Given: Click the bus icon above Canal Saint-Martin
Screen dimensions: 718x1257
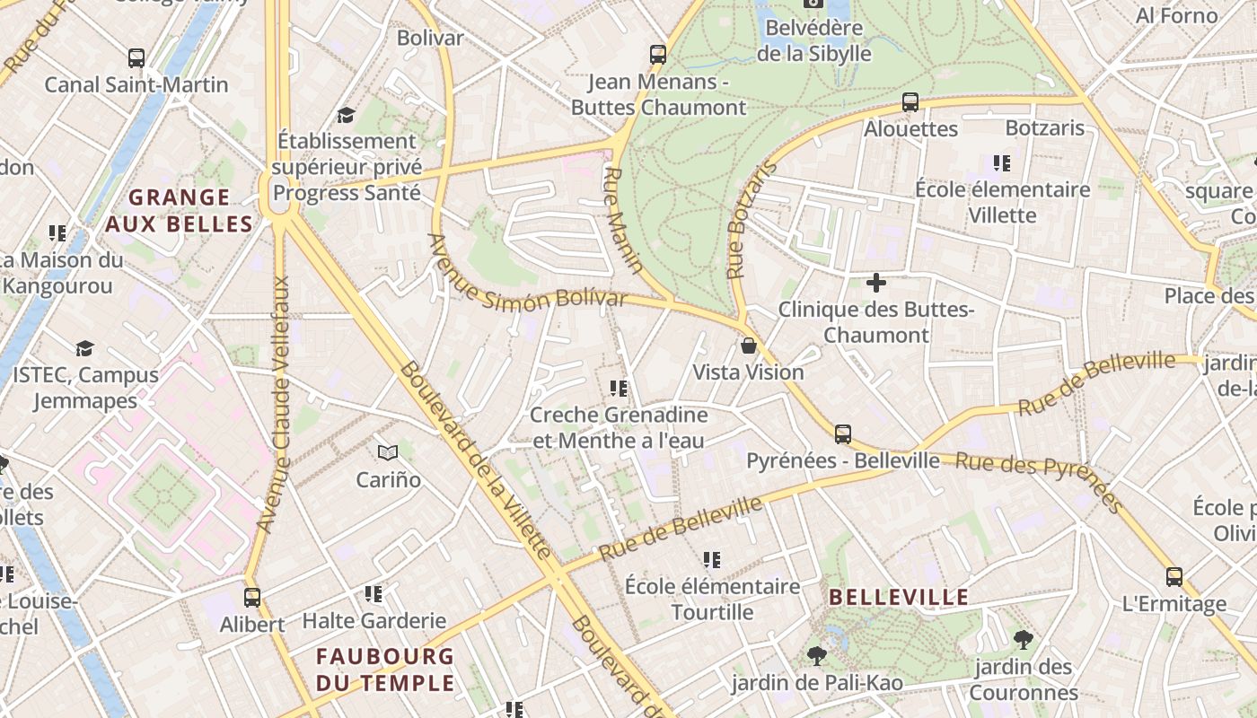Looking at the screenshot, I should coord(136,58).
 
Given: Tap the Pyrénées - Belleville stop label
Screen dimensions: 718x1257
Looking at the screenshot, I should coord(843,460).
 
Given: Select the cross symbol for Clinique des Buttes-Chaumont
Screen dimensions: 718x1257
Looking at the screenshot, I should coord(876,284).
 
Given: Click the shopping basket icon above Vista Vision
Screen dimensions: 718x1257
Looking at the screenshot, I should coord(749,346).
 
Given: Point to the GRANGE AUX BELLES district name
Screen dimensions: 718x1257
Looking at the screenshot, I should coord(179,210).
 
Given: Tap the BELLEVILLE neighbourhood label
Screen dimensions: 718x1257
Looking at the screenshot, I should coord(899,597).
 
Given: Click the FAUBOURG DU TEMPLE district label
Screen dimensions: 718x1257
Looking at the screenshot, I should coord(385,670).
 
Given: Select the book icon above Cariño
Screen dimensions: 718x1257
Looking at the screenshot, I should coord(388,452).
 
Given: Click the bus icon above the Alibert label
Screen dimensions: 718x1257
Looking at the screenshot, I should coord(252,597).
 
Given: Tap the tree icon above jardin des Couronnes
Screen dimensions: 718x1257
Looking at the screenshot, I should coord(1023,640).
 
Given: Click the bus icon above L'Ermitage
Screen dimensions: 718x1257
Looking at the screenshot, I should coord(1174,576).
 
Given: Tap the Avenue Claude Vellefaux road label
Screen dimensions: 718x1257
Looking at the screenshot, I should coord(275,404).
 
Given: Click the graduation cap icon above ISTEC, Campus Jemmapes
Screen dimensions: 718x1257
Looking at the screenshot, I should coord(84,348).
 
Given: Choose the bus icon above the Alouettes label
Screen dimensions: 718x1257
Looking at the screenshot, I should coord(910,102).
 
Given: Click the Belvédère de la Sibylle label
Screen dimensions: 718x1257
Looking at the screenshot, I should coord(813,40).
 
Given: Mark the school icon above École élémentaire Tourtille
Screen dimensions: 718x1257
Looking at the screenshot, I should coord(713,560).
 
